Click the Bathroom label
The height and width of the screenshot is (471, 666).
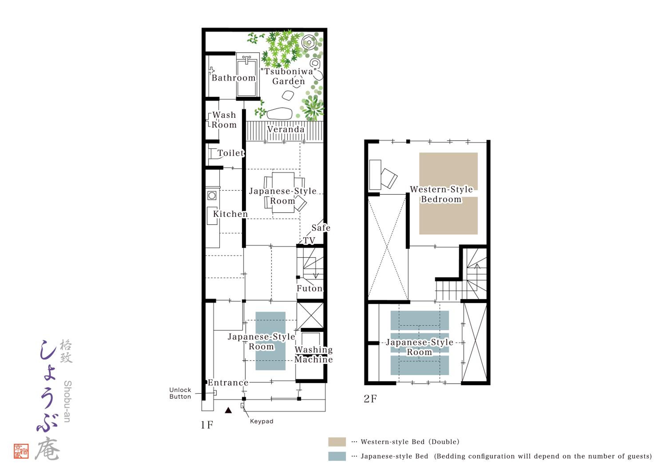point(234,78)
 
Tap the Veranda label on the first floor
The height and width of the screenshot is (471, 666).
point(286,129)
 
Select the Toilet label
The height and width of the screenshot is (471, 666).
point(231,153)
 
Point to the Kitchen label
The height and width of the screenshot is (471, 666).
point(230,214)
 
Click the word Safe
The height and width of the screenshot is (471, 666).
point(321,228)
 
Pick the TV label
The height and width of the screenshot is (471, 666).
point(309,240)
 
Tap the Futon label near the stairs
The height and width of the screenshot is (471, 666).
point(309,288)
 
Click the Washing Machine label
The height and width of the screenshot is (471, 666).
point(313,355)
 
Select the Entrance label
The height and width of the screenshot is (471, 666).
point(228,383)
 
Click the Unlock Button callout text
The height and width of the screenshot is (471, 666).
point(180,393)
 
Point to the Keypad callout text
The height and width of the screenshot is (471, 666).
point(262,421)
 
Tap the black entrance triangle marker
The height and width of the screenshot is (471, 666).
point(228,410)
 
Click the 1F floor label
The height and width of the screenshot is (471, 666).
point(207,425)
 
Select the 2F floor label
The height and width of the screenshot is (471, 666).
point(370,399)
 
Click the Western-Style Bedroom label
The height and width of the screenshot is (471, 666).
point(441,194)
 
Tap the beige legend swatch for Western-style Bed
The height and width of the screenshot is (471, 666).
point(337,442)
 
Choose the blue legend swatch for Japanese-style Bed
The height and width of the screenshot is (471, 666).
point(337,456)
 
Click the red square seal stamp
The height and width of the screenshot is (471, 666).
point(21,451)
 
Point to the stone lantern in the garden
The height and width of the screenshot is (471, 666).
point(309,43)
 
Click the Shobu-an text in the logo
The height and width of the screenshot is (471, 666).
point(67,401)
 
